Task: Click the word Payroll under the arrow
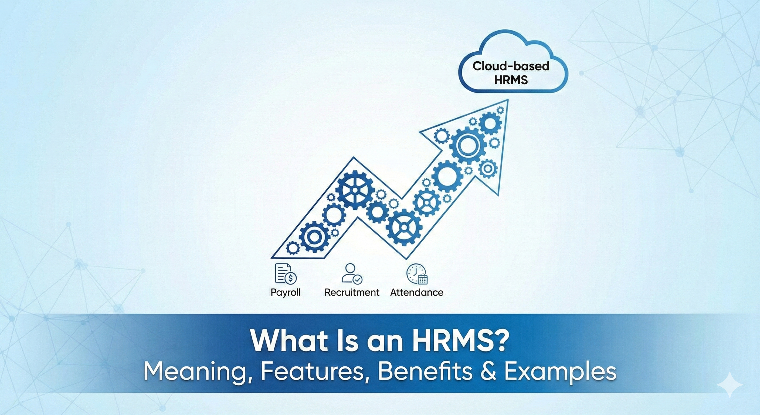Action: tap(285, 293)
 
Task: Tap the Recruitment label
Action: tap(352, 292)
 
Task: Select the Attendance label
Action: tap(417, 292)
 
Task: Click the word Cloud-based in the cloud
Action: tap(511, 66)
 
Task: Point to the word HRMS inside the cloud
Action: tap(511, 80)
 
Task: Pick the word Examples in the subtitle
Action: tap(560, 372)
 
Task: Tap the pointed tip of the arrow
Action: tap(508, 99)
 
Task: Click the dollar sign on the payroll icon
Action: tap(291, 278)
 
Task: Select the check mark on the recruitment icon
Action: tap(358, 279)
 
